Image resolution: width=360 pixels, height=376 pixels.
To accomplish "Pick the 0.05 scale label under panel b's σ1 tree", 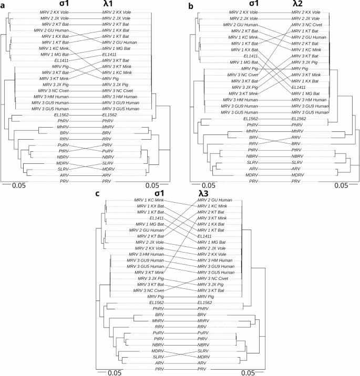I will (x=208, y=185).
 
